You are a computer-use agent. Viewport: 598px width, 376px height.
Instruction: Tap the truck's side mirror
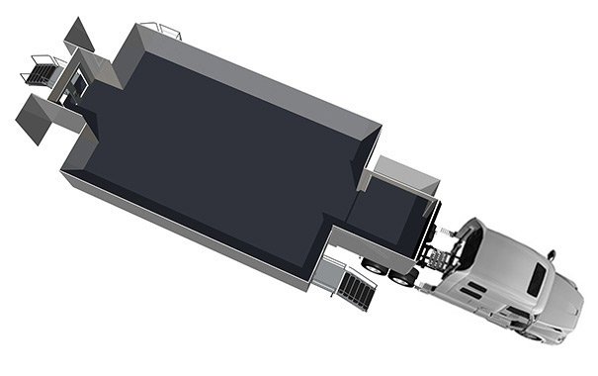pyautogui.click(x=551, y=255)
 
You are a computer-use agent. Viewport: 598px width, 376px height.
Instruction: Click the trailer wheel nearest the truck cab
pyautogui.click(x=404, y=277)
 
